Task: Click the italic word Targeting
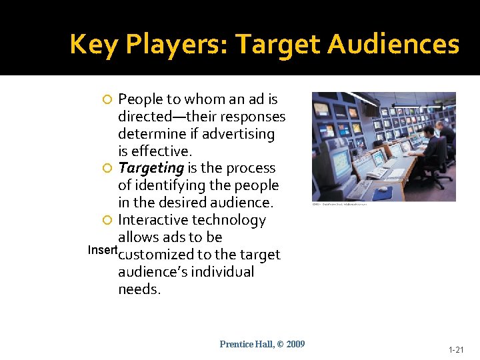coord(150,168)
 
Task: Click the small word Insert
coord(103,250)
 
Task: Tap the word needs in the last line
coord(139,289)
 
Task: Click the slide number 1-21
coord(456,349)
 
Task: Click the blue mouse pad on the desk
coord(383,193)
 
